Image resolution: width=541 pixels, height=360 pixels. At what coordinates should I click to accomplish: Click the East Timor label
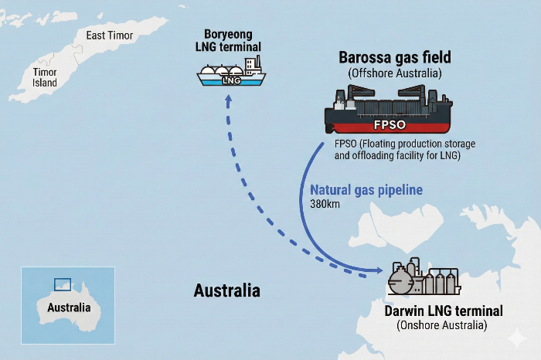click(110, 36)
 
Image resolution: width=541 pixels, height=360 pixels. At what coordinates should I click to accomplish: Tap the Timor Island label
click(45, 77)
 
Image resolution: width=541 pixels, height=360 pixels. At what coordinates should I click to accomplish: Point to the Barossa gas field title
click(394, 57)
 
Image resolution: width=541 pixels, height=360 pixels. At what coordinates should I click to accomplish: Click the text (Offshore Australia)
click(394, 73)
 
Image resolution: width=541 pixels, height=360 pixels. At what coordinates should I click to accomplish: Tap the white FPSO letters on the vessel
click(390, 126)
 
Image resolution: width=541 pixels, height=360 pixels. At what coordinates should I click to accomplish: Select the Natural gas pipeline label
click(366, 190)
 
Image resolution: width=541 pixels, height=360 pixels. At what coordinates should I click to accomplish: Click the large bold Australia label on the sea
click(226, 291)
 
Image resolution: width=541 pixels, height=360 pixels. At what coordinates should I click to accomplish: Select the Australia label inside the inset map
click(69, 307)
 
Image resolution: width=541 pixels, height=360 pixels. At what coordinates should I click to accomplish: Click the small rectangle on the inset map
click(63, 284)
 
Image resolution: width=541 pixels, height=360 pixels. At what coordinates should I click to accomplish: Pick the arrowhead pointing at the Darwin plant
click(379, 270)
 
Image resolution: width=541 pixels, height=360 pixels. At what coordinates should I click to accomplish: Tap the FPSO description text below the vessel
click(405, 150)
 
